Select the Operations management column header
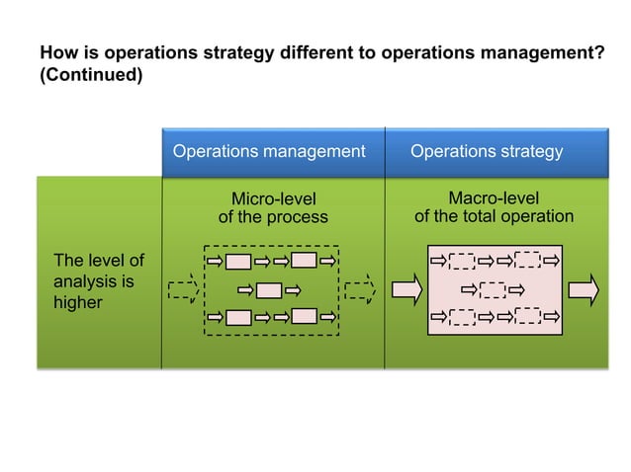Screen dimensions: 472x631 point(269,151)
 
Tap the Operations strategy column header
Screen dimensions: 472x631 point(487,151)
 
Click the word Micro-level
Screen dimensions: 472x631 point(273,199)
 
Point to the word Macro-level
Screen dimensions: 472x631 point(494,198)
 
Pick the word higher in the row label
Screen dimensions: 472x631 point(78,303)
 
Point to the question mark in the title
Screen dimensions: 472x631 point(599,52)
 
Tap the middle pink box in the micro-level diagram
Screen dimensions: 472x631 point(269,290)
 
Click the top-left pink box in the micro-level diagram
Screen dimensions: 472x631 point(237,262)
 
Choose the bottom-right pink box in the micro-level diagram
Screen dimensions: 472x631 point(305,317)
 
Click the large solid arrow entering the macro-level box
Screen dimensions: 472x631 point(407,289)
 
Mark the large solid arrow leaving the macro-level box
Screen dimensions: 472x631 point(584,289)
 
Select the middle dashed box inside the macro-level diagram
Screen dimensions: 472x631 point(493,289)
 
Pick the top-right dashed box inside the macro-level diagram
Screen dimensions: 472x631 point(527,261)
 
